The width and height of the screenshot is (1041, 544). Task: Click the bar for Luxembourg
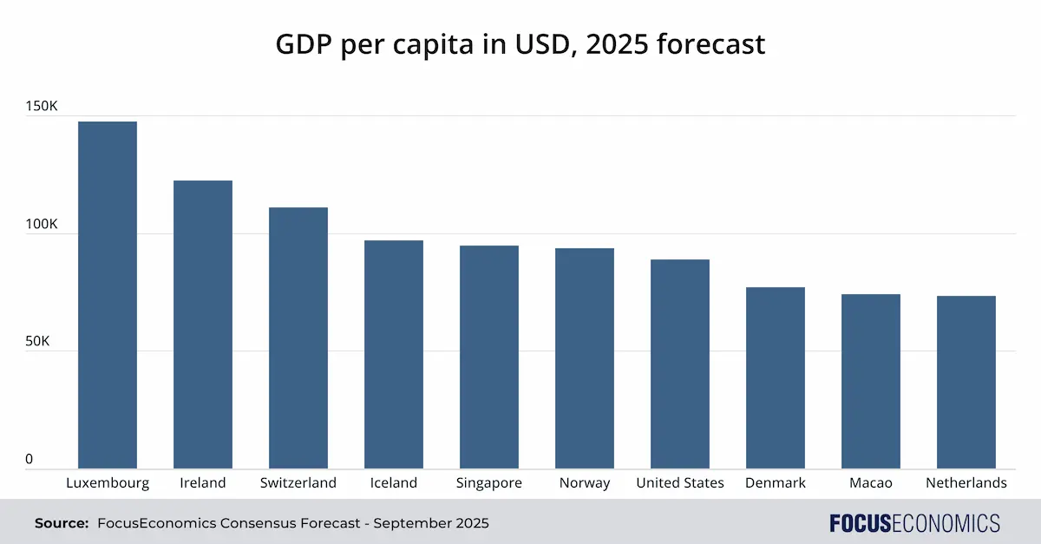pyautogui.click(x=108, y=295)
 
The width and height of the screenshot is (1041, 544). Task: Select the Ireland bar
pyautogui.click(x=203, y=324)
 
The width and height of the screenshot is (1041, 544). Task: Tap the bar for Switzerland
pyautogui.click(x=298, y=338)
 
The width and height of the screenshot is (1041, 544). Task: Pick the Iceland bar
pyautogui.click(x=394, y=355)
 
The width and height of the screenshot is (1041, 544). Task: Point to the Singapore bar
pyautogui.click(x=489, y=357)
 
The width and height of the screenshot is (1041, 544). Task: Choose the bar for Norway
pyautogui.click(x=585, y=358)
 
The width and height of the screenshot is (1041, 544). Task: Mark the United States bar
pyautogui.click(x=680, y=364)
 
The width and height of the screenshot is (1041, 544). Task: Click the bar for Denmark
pyautogui.click(x=776, y=378)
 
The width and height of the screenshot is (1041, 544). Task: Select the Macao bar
pyautogui.click(x=871, y=382)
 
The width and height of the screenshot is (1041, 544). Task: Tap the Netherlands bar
pyautogui.click(x=966, y=383)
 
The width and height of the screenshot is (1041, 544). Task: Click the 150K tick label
pyautogui.click(x=42, y=107)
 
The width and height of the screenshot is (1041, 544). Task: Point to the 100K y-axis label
pyautogui.click(x=42, y=225)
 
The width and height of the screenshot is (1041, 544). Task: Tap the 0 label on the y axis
pyautogui.click(x=29, y=460)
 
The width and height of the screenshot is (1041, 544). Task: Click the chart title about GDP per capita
pyautogui.click(x=520, y=43)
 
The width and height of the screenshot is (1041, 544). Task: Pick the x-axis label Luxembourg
pyautogui.click(x=108, y=483)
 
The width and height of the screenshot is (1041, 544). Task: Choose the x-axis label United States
pyautogui.click(x=680, y=483)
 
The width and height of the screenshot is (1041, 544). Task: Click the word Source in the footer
pyautogui.click(x=62, y=523)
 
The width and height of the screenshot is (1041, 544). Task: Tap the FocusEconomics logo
pyautogui.click(x=914, y=523)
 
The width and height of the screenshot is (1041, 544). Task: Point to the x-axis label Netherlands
pyautogui.click(x=966, y=483)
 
